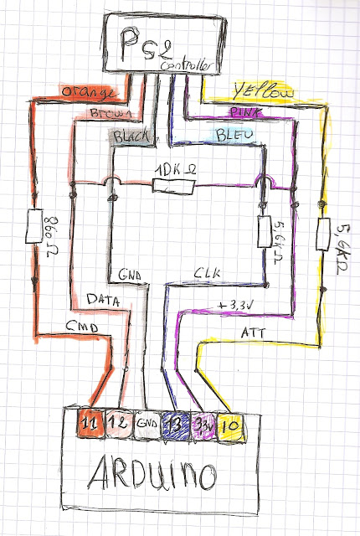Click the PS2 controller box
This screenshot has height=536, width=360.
(x=165, y=45)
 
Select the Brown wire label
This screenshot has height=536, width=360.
(x=105, y=113)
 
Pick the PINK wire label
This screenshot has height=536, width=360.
(x=242, y=111)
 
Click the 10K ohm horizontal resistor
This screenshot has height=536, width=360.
(x=175, y=184)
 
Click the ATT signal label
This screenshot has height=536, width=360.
(x=250, y=332)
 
